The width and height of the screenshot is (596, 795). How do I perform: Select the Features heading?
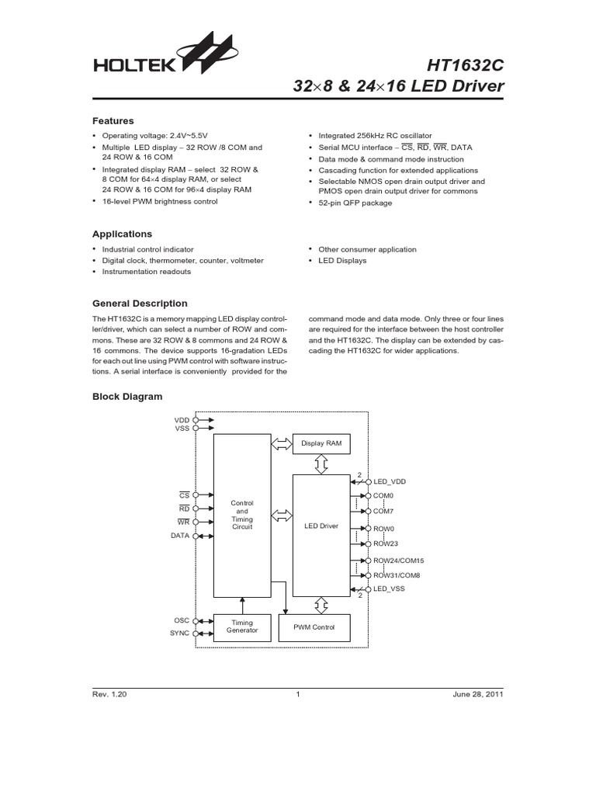click(x=113, y=121)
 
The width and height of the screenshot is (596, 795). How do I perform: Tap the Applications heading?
click(x=123, y=234)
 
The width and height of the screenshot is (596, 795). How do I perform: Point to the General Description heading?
click(x=140, y=304)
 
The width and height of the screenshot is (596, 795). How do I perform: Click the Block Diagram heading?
click(x=127, y=397)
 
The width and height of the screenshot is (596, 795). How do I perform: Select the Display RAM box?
click(x=321, y=443)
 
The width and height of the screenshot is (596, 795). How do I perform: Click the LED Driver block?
click(x=321, y=526)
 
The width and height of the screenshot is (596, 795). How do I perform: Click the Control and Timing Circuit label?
click(x=242, y=515)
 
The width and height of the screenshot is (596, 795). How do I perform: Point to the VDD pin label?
click(x=182, y=418)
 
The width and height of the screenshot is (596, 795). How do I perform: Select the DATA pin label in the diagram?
click(x=180, y=536)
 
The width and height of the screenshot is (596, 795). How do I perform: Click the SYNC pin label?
click(x=179, y=633)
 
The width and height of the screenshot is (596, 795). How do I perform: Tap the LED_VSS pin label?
click(x=389, y=588)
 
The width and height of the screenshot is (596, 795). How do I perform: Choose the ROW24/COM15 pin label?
click(x=399, y=561)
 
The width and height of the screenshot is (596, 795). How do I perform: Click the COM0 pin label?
click(x=383, y=495)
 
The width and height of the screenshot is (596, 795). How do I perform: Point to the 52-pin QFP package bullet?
click(x=355, y=203)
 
